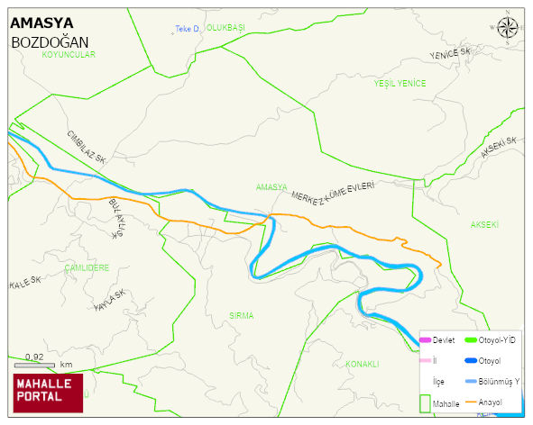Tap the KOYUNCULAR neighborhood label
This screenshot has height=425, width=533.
point(69,55)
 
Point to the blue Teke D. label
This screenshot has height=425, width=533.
point(187,30)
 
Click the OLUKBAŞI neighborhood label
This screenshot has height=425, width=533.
point(225,29)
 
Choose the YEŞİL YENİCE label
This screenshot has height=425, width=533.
point(400,83)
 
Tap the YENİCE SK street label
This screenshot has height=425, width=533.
point(451,54)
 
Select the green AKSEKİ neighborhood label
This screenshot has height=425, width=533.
point(484,224)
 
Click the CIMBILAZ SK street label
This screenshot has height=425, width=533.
point(87,147)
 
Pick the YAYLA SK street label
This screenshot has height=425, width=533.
point(108,302)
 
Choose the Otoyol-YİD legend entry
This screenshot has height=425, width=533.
point(487,339)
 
